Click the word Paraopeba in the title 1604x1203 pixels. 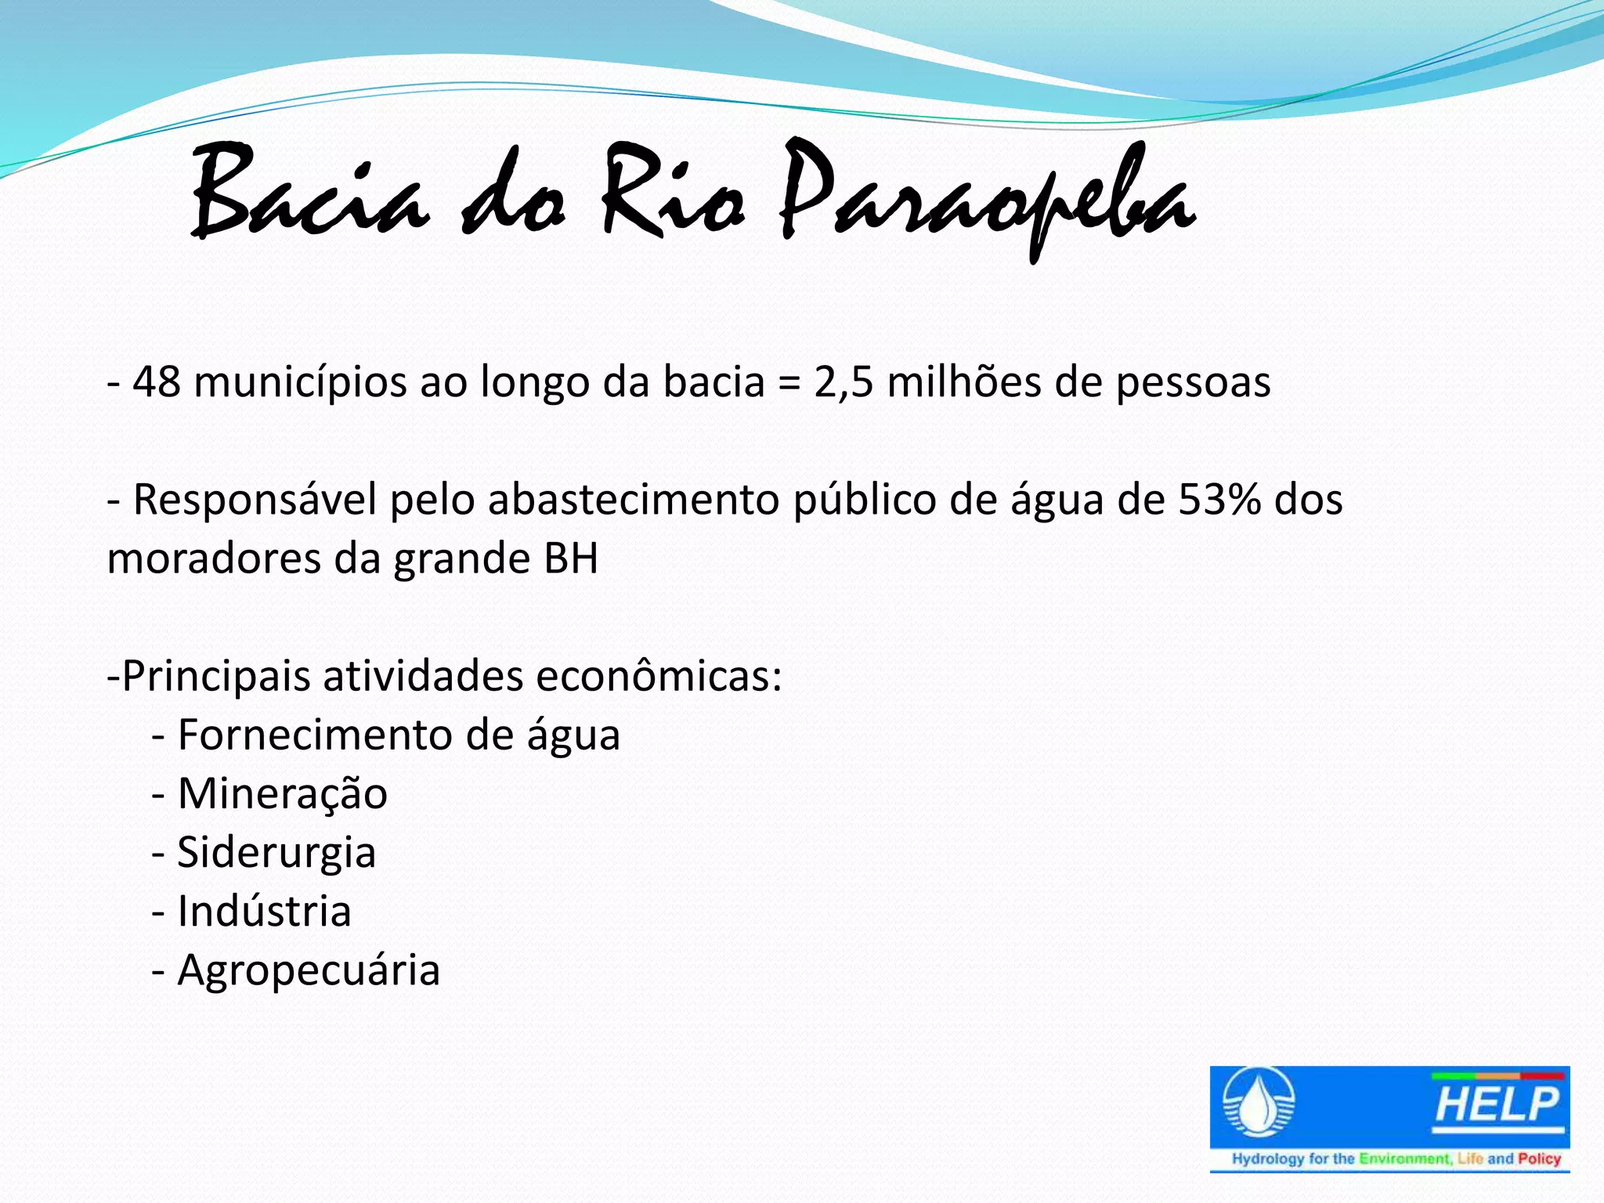click(x=987, y=196)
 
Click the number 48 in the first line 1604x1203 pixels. click(x=156, y=382)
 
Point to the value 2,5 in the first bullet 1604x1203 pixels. click(x=843, y=382)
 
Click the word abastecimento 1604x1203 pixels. click(x=633, y=500)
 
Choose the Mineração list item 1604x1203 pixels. click(x=282, y=794)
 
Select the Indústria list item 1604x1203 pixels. click(x=264, y=911)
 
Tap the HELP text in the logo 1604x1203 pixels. click(x=1497, y=1105)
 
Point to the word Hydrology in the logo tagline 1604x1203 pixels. click(x=1268, y=1158)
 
